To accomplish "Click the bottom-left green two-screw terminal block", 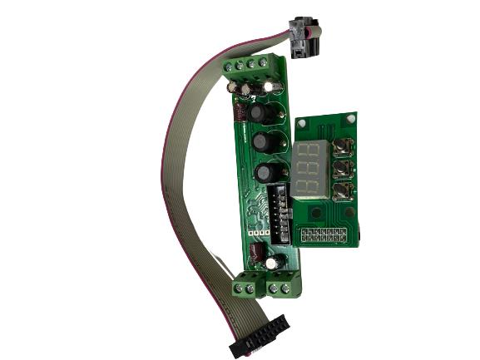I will coord(247,288).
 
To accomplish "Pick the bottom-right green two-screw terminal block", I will coord(283,287).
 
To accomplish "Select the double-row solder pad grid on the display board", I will coord(322,234).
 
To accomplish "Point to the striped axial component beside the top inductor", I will coord(237,115).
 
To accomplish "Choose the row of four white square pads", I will coord(259,234).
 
